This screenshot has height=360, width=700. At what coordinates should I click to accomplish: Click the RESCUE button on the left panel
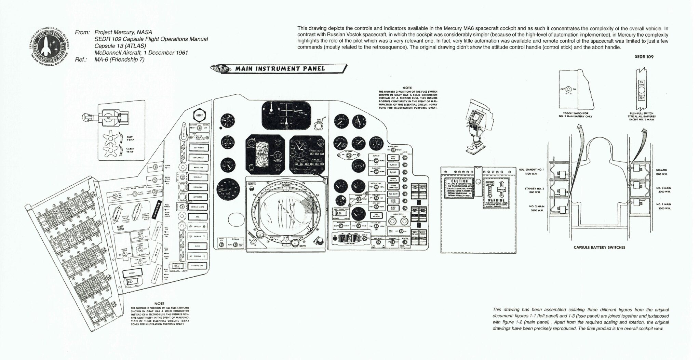[131, 273]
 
